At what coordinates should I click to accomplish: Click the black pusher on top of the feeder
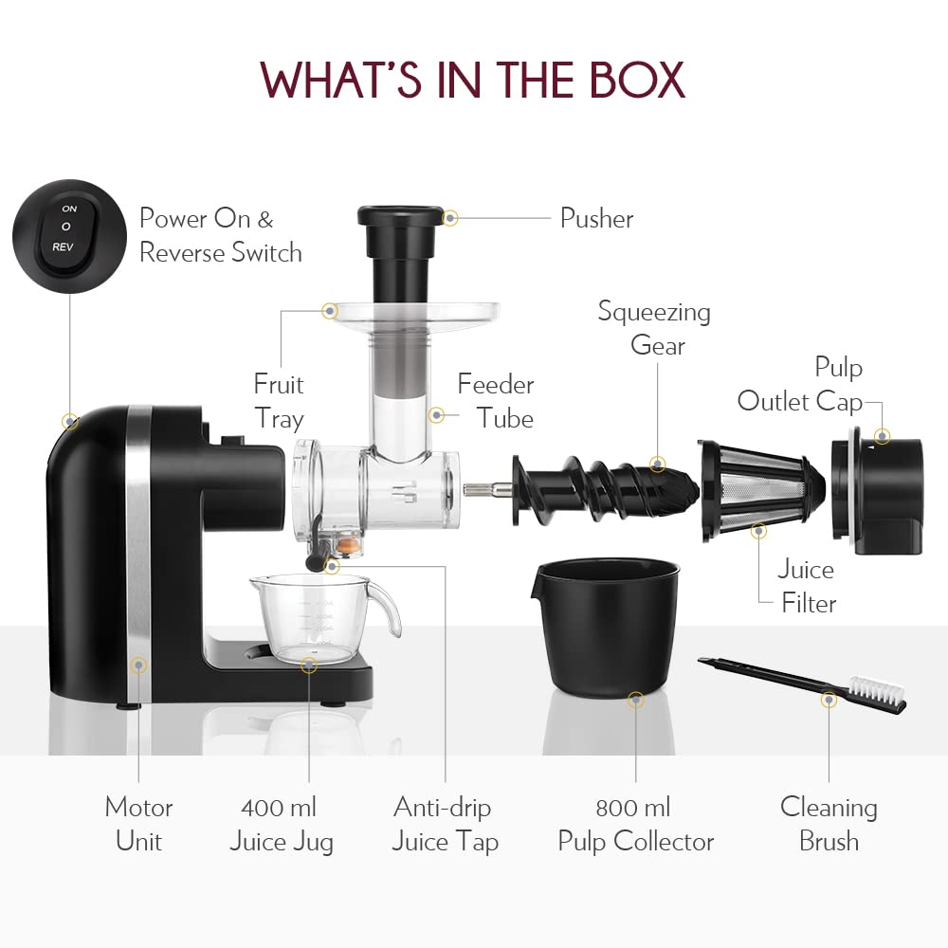coord(399,246)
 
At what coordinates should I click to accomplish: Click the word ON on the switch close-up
coord(68,208)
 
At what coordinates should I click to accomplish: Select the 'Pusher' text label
coord(596,218)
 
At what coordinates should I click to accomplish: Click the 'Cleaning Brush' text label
coord(829,824)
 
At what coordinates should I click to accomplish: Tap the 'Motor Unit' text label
coord(138,824)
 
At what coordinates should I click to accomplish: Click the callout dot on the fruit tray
coord(330,310)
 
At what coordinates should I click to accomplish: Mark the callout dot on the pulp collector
coord(635,701)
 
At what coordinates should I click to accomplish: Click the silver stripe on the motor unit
coord(139,550)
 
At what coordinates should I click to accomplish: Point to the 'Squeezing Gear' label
coord(654,328)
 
